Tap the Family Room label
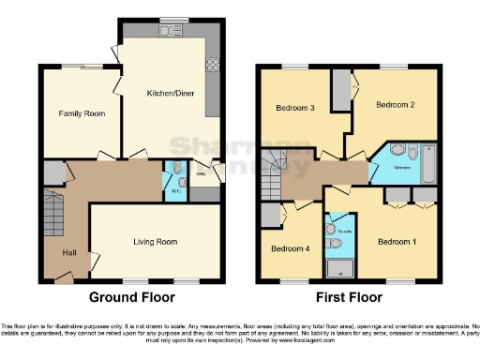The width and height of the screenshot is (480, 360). pos(82,113)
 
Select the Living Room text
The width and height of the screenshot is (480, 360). pos(155,242)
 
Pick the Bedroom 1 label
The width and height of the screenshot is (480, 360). pos(396,241)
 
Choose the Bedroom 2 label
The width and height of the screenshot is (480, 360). pos(395,105)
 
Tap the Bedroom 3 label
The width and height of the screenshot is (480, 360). pos(293,109)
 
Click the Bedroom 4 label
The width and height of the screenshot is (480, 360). pos(289,248)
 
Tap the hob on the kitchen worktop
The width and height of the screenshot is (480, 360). pos(213,66)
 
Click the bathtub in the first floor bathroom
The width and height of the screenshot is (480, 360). pos(429,162)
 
